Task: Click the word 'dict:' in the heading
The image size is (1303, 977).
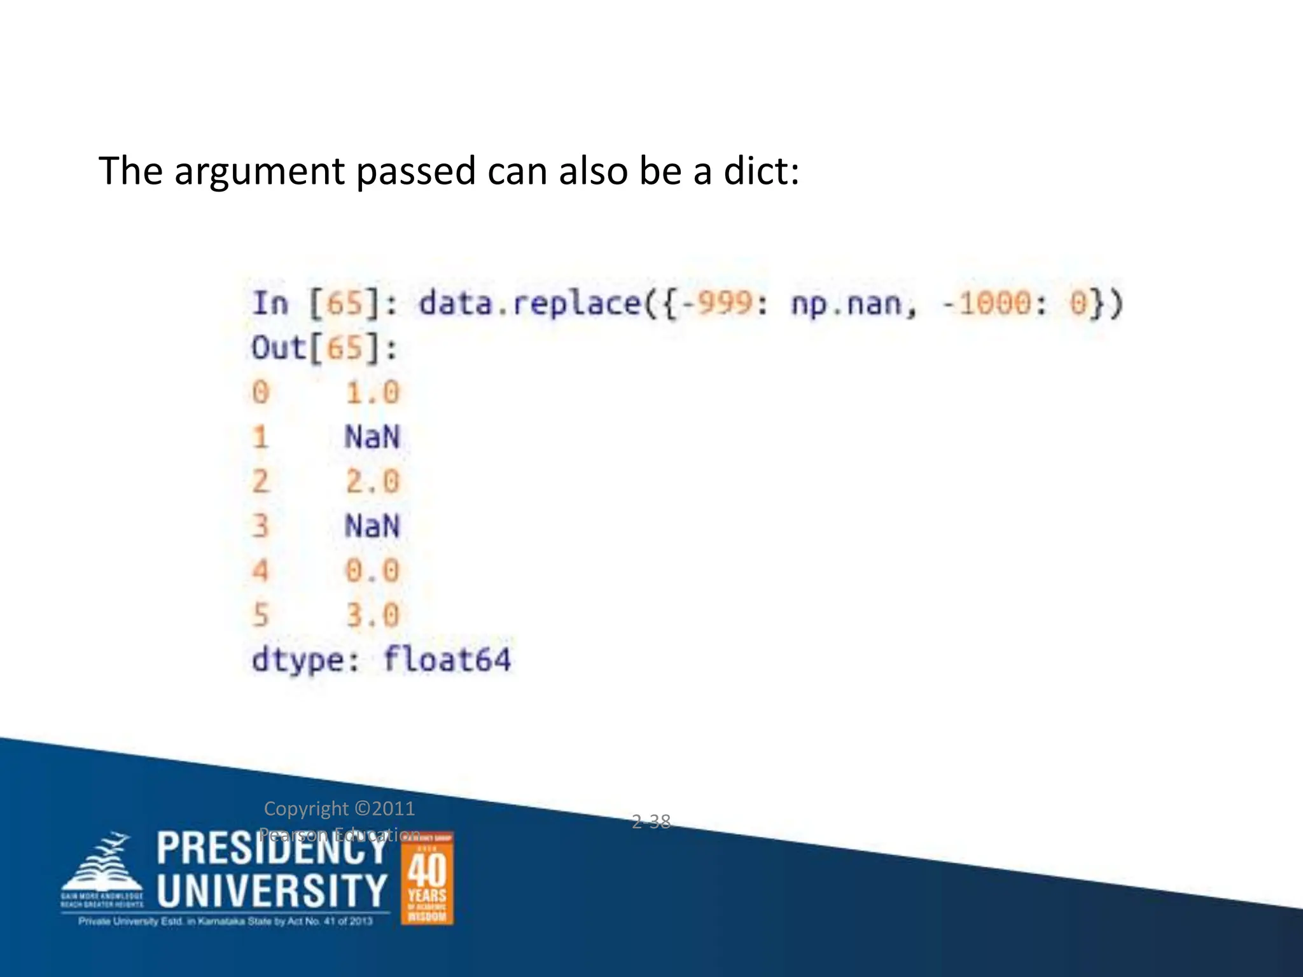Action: click(761, 171)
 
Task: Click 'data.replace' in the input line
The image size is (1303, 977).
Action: click(530, 303)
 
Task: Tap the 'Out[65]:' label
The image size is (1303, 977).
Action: click(324, 349)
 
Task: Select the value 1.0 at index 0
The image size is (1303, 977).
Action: click(372, 392)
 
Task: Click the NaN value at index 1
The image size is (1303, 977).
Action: click(372, 437)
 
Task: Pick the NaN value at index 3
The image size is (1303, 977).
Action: click(372, 526)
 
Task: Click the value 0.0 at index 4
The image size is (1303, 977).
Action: click(372, 571)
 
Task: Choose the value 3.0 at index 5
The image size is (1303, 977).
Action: click(372, 615)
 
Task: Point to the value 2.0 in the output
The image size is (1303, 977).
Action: click(372, 482)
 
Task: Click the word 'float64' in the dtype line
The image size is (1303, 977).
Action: click(447, 660)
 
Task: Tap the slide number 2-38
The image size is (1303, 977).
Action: click(651, 821)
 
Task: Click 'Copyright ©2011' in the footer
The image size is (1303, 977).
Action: click(339, 808)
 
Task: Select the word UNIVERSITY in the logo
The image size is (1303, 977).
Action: click(272, 890)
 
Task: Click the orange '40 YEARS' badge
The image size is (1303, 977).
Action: click(427, 878)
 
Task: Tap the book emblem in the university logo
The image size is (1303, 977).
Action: click(102, 868)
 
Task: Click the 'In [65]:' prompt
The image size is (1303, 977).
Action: click(324, 303)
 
